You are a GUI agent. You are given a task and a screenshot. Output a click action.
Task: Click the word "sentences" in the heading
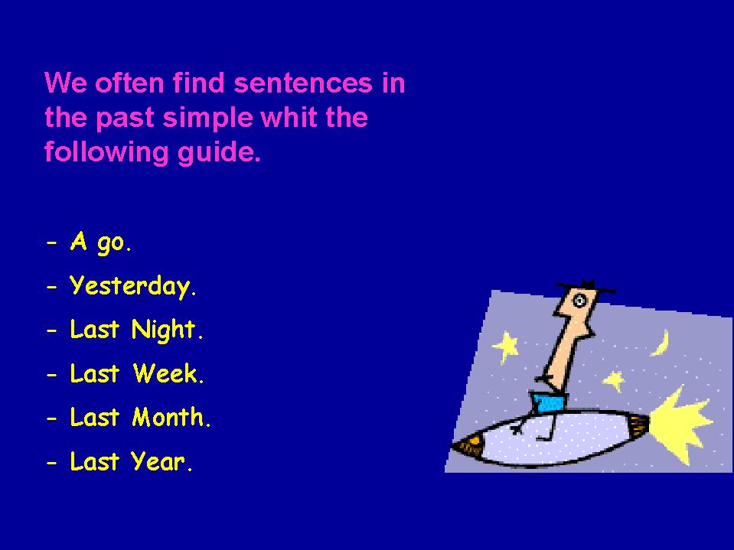coord(303,83)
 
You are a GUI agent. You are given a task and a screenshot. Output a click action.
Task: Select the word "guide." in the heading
coord(219,153)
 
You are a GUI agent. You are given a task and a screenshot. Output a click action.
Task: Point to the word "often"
coord(129,83)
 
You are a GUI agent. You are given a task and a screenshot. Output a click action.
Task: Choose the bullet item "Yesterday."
coord(132,286)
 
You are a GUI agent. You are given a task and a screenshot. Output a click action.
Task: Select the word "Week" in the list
coord(166,374)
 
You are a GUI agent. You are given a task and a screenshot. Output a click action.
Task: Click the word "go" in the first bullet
coord(111,244)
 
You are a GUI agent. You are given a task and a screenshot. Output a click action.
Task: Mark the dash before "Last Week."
coord(52,375)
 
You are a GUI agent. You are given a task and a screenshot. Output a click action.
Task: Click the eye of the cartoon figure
coord(579,301)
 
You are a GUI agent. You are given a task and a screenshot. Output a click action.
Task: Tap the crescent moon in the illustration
coord(661,343)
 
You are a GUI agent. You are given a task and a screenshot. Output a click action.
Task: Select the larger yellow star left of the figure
coord(506,347)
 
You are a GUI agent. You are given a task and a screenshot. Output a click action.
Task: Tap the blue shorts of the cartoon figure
coord(550,402)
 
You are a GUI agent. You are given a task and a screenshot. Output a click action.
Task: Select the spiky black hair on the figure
coord(586,286)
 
